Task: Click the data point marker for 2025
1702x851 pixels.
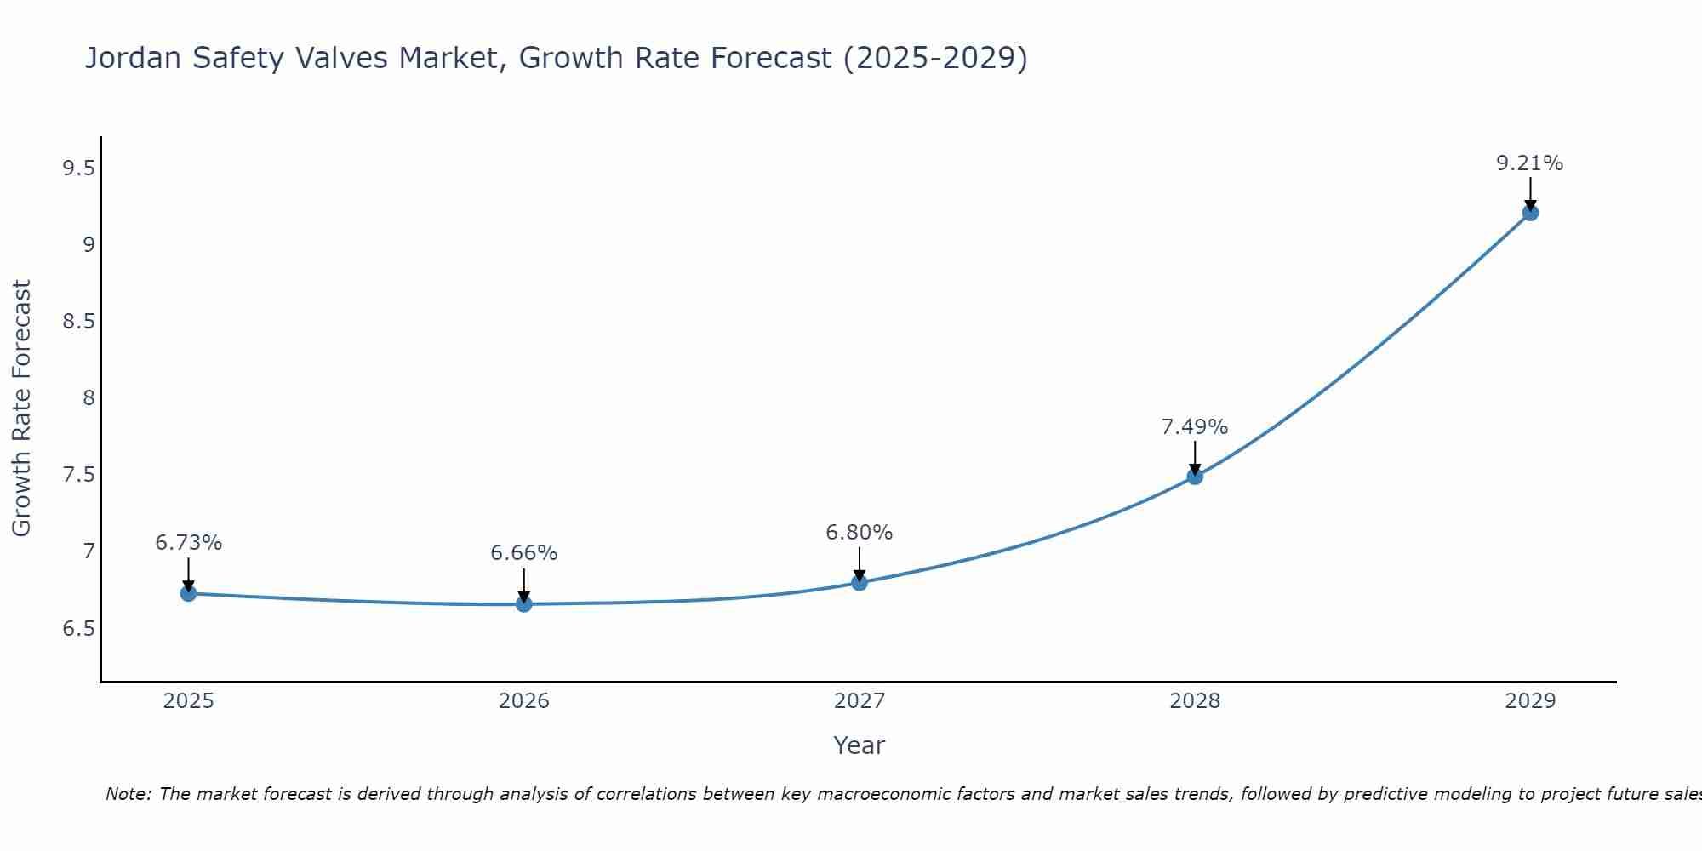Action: [189, 593]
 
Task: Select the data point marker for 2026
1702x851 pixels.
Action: [524, 604]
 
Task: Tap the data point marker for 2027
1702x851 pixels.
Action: [860, 583]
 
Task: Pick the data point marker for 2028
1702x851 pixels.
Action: [1195, 477]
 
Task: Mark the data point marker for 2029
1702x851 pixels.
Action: [1530, 213]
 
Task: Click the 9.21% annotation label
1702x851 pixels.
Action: [1530, 163]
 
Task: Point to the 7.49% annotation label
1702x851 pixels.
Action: [1195, 427]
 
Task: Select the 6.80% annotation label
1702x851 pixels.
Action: [860, 533]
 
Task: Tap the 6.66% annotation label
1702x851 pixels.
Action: [524, 553]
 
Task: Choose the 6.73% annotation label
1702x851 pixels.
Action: [189, 543]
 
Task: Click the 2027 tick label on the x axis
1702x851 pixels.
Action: [860, 701]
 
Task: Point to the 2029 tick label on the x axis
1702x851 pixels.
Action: [1530, 701]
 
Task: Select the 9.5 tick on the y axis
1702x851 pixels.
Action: [78, 168]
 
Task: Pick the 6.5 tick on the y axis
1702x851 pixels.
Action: [78, 629]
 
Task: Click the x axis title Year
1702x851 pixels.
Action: [860, 745]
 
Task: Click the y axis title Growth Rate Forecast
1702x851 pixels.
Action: [22, 408]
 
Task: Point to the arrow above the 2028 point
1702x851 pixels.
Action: [1195, 456]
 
